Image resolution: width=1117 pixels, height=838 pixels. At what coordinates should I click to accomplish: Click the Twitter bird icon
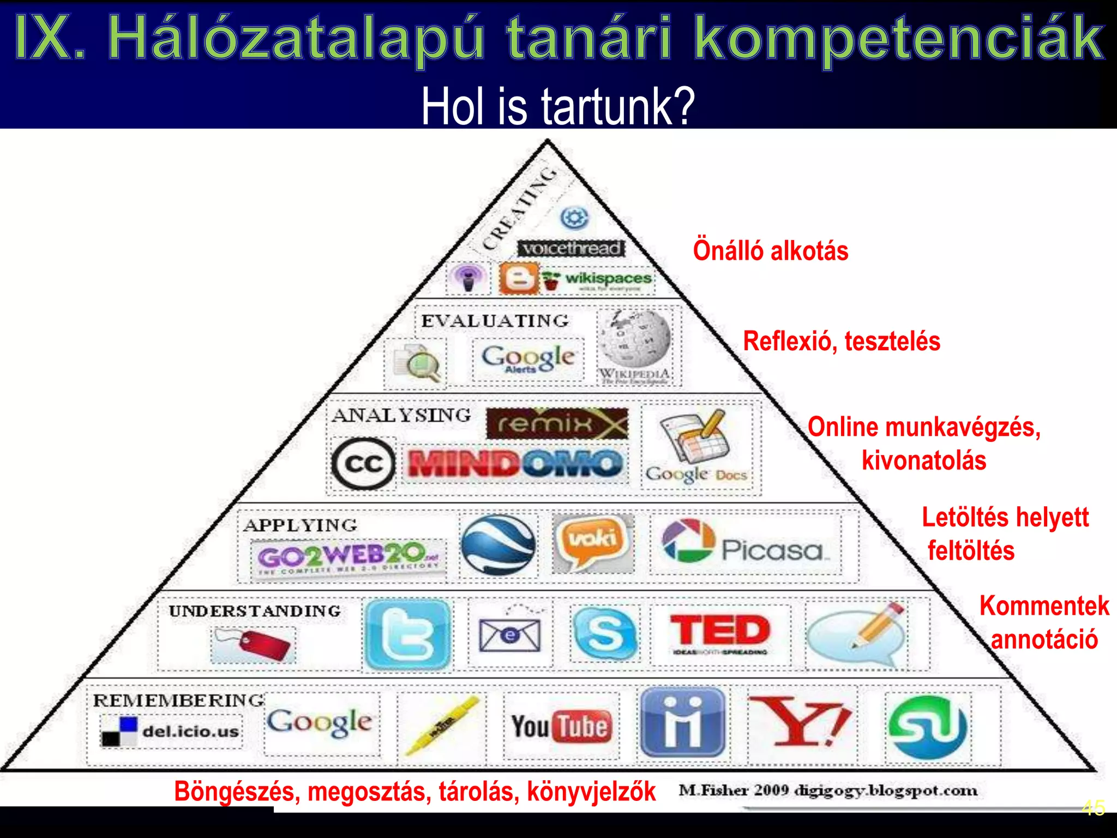(408, 635)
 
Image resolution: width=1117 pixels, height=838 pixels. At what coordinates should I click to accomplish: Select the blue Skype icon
(605, 633)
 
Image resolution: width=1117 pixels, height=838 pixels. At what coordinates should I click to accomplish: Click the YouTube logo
(561, 727)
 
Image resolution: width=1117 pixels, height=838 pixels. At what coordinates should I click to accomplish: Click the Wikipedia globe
(634, 338)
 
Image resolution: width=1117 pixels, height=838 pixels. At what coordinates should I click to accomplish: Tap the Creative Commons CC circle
(363, 464)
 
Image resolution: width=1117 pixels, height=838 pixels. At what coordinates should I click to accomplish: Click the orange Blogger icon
(518, 279)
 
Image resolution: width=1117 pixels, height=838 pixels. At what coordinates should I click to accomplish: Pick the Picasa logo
(745, 543)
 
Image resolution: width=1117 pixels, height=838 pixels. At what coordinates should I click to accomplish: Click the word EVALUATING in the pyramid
(495, 321)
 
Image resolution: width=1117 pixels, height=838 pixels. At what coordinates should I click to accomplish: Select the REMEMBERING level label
(178, 700)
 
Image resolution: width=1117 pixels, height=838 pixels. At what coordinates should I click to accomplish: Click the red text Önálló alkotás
(770, 251)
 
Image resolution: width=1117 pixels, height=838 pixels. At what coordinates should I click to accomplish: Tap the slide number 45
(1093, 807)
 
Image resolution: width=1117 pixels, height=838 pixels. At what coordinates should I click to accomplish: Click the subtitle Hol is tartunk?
(558, 106)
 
